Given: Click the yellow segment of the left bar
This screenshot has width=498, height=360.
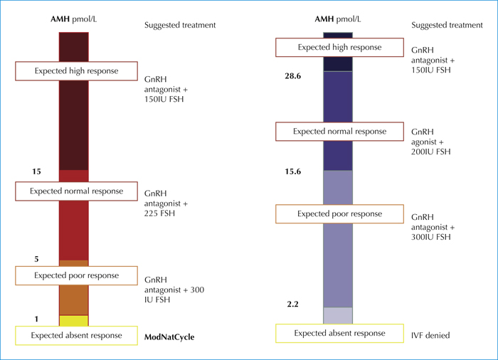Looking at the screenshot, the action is pyautogui.click(x=74, y=321).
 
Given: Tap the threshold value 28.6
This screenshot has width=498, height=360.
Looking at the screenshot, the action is pyautogui.click(x=293, y=76).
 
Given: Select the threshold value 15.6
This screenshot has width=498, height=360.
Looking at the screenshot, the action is pyautogui.click(x=293, y=171).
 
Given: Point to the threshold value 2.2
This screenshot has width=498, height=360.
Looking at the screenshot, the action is pyautogui.click(x=293, y=304).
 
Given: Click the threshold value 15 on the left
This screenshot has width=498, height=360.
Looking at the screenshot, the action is pyautogui.click(x=36, y=171).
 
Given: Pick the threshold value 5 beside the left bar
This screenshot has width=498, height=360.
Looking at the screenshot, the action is pyautogui.click(x=36, y=259).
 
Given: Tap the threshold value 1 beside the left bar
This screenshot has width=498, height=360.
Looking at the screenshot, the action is pyautogui.click(x=36, y=319).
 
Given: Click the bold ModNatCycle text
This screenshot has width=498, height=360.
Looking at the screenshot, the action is pyautogui.click(x=169, y=337).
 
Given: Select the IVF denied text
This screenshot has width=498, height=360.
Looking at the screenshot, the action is pyautogui.click(x=430, y=335).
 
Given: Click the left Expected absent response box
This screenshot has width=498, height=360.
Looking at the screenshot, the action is pyautogui.click(x=77, y=336).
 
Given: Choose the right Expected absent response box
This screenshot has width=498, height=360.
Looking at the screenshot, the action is pyautogui.click(x=339, y=333).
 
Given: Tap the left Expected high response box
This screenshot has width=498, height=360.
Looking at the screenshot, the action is pyautogui.click(x=77, y=71).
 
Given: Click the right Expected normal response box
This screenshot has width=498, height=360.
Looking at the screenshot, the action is pyautogui.click(x=339, y=131).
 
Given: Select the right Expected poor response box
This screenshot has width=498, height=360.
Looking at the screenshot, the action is pyautogui.click(x=339, y=214).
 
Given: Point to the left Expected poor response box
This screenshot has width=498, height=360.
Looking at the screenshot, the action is pyautogui.click(x=77, y=275).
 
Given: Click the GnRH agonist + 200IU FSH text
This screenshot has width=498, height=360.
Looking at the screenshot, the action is pyautogui.click(x=431, y=142).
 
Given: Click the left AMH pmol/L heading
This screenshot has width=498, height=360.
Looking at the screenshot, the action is pyautogui.click(x=74, y=19).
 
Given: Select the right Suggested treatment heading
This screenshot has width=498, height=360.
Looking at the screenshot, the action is pyautogui.click(x=447, y=25).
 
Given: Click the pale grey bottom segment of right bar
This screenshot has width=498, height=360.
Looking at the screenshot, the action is pyautogui.click(x=338, y=315).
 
